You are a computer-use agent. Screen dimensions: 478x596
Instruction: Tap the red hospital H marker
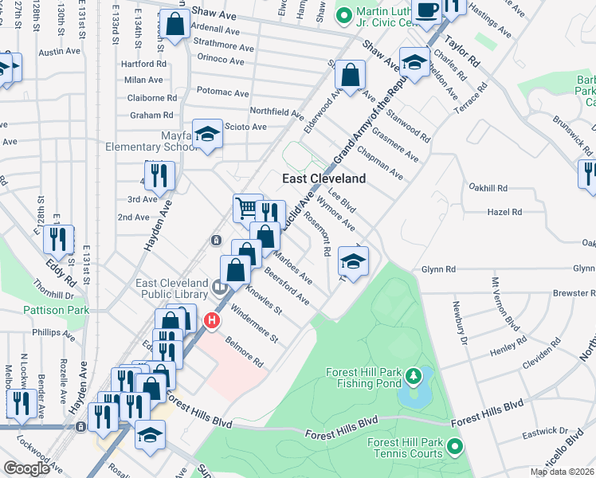(x=212, y=321)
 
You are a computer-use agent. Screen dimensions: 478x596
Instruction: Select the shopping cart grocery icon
(x=248, y=208)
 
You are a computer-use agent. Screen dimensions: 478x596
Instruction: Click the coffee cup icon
(x=428, y=10)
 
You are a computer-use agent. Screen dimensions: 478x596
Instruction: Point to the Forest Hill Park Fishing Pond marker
(x=413, y=374)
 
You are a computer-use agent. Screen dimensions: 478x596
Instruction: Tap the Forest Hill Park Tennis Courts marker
(x=455, y=446)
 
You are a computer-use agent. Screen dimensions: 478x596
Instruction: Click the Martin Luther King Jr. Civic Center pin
(x=344, y=15)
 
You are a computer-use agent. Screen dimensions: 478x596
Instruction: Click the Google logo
(x=26, y=468)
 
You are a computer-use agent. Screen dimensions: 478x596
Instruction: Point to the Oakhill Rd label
(x=488, y=188)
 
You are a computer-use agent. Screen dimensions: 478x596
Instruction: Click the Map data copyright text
(x=562, y=472)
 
